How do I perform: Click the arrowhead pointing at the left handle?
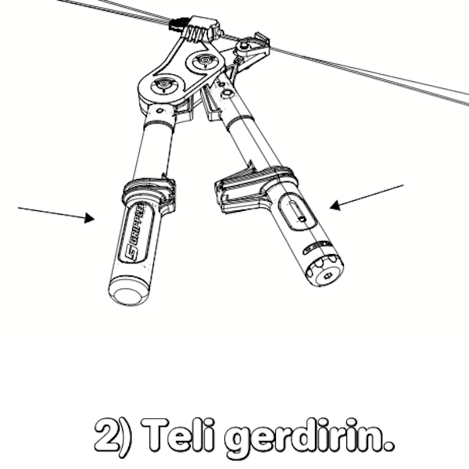pyautogui.click(x=89, y=218)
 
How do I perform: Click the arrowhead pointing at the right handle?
pyautogui.click(x=335, y=205)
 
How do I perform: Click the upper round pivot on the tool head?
pyautogui.click(x=205, y=61)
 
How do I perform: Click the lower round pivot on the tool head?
pyautogui.click(x=163, y=84)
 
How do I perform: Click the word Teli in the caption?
pyautogui.click(x=179, y=435)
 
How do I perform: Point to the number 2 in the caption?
pyautogui.click(x=107, y=435)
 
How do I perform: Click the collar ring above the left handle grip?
pyautogui.click(x=149, y=191)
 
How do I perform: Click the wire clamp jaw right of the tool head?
pyautogui.click(x=253, y=47)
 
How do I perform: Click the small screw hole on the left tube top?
pyautogui.click(x=159, y=111)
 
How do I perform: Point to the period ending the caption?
pyautogui.click(x=388, y=446)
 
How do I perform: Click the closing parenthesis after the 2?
pyautogui.click(x=126, y=437)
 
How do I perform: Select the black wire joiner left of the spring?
pyautogui.click(x=178, y=24)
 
